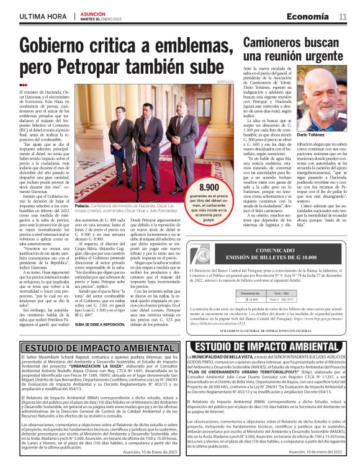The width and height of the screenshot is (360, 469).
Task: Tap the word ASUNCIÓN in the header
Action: (93, 12)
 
